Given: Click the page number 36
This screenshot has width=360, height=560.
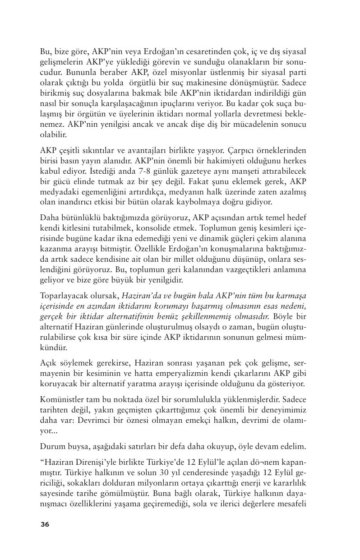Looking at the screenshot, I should pyautogui.click(x=45, y=524).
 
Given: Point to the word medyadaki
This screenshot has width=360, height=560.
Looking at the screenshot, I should pyautogui.click(x=59, y=193).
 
